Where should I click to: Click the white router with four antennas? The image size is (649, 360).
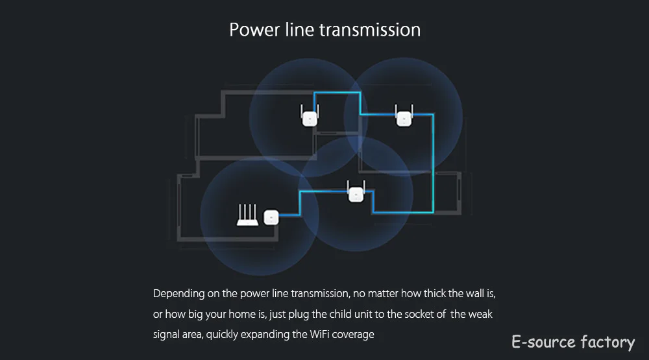pyautogui.click(x=247, y=217)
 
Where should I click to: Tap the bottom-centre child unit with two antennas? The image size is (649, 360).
pyautogui.click(x=355, y=193)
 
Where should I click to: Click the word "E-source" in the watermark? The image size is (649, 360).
pyautogui.click(x=542, y=342)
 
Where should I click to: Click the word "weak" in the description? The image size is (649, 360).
pyautogui.click(x=481, y=315)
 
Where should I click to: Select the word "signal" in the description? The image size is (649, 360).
pyautogui.click(x=166, y=335)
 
